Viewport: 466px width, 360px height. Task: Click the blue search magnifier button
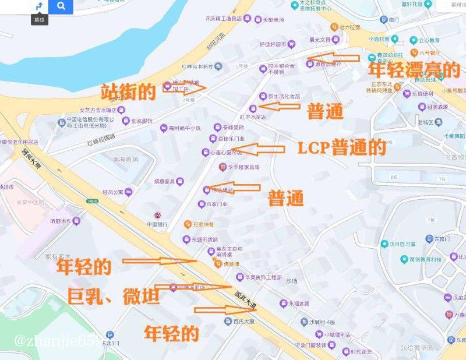click(x=61, y=7)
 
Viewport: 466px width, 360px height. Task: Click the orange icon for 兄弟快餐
click(x=188, y=224)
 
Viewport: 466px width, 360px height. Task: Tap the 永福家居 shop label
click(x=298, y=303)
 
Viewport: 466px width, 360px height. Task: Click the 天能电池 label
click(x=273, y=20)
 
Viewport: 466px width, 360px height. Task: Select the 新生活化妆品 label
click(x=284, y=96)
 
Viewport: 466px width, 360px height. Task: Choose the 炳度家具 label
click(x=165, y=181)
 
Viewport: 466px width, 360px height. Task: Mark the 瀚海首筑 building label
click(x=126, y=158)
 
